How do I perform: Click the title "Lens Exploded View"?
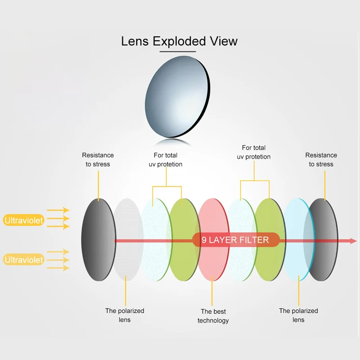pyautogui.click(x=179, y=41)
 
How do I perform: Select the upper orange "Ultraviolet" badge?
pyautogui.click(x=24, y=220)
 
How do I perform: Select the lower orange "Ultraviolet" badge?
pyautogui.click(x=24, y=260)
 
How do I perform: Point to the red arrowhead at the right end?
pyautogui.click(x=353, y=241)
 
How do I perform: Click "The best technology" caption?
pyautogui.click(x=213, y=316)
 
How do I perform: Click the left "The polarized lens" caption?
pyautogui.click(x=125, y=315)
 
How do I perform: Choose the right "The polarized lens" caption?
pyautogui.click(x=298, y=315)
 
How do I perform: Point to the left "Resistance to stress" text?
pyautogui.click(x=98, y=160)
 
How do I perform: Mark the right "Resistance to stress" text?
pyautogui.click(x=321, y=160)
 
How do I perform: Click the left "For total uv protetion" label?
pyautogui.click(x=166, y=160)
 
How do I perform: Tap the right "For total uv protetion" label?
pyautogui.click(x=254, y=152)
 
